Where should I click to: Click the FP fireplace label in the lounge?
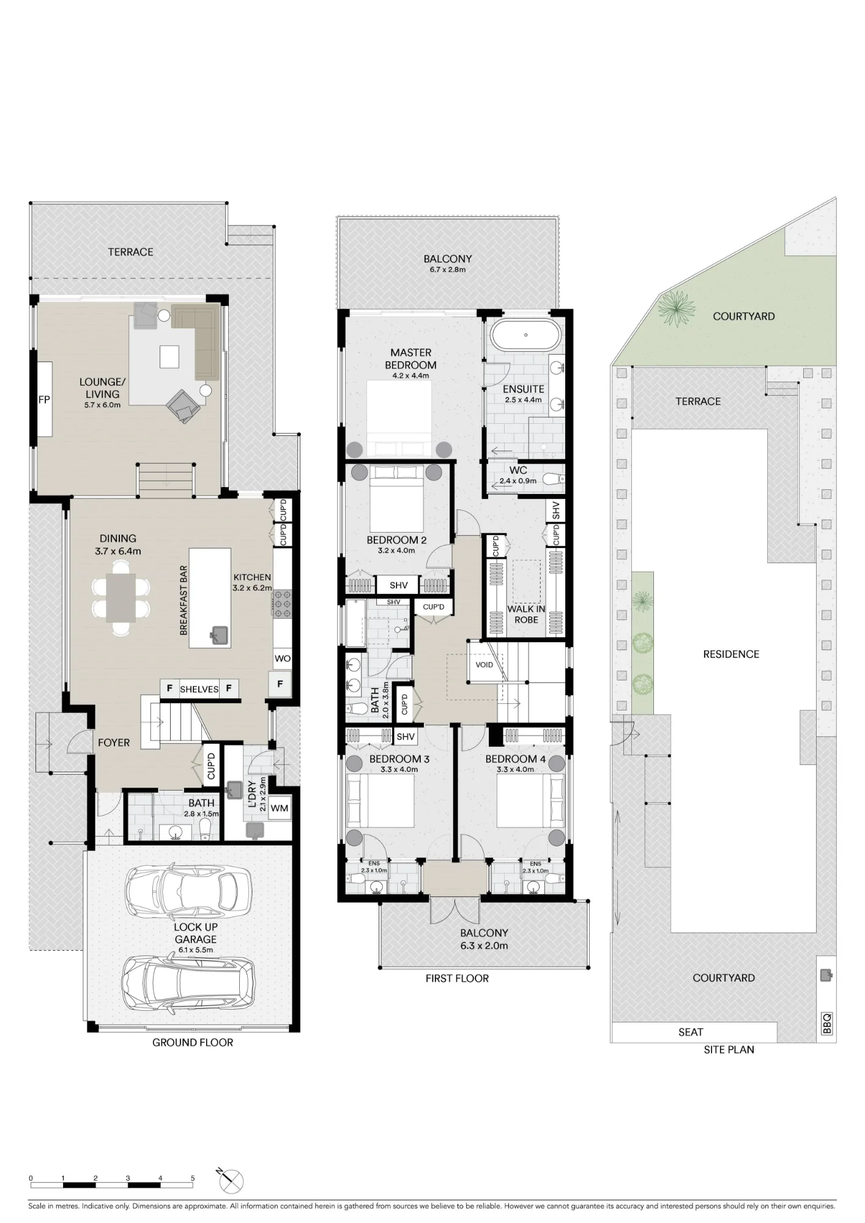[x=44, y=400]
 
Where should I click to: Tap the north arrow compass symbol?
[x=231, y=1182]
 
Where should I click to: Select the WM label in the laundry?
[x=280, y=808]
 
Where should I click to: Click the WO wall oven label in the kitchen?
[x=283, y=659]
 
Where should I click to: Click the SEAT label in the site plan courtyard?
[x=691, y=1032]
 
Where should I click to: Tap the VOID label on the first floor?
[x=484, y=665]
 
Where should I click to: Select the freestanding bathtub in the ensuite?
[x=526, y=334]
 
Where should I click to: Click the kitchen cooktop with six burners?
[x=283, y=603]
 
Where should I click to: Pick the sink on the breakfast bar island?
[x=219, y=635]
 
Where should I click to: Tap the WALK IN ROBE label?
[x=526, y=615]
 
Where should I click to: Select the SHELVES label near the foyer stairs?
[x=199, y=689]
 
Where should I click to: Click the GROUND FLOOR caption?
[x=193, y=1043]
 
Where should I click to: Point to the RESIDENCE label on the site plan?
[x=731, y=654]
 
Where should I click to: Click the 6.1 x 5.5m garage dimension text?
[x=196, y=950]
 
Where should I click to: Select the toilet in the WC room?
[x=553, y=479]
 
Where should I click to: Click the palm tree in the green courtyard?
[x=676, y=308]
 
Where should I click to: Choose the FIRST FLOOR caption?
[x=457, y=978]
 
